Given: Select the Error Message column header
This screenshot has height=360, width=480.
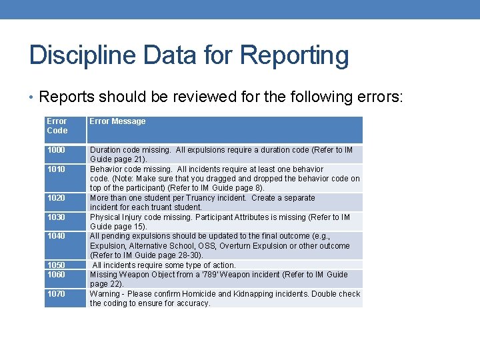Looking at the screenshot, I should (x=117, y=121).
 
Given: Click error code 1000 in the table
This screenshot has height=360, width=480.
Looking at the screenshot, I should (x=56, y=150).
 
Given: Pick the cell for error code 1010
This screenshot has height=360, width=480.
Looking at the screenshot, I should (x=56, y=169).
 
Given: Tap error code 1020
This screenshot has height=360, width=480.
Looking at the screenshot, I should (x=56, y=198).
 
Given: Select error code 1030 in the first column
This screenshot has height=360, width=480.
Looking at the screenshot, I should (x=56, y=217).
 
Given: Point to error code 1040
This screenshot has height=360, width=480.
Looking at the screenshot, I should (x=56, y=236).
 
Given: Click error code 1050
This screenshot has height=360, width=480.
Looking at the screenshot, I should (x=56, y=265).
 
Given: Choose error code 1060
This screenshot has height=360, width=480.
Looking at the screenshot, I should (x=56, y=275).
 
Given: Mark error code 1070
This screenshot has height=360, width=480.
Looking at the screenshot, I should (x=56, y=294).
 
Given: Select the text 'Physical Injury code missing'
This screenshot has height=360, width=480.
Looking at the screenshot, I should (x=139, y=217).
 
